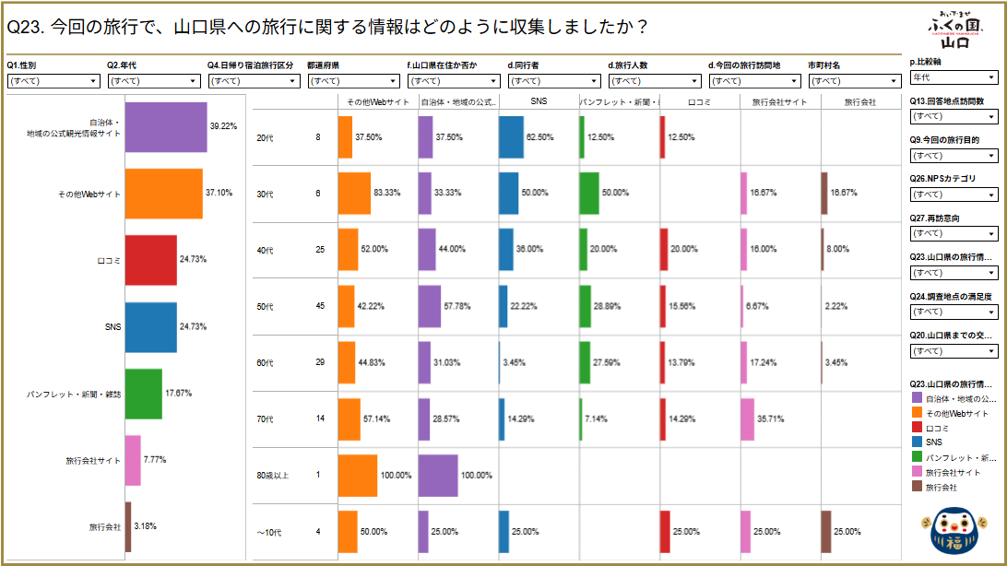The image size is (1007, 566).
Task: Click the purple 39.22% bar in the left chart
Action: (x=165, y=126)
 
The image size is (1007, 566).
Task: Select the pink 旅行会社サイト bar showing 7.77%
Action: (x=132, y=460)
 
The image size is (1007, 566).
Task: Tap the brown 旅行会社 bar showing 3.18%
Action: (x=127, y=526)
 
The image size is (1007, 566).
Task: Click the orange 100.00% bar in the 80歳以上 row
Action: (x=358, y=476)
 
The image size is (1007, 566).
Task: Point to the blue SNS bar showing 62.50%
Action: (x=511, y=137)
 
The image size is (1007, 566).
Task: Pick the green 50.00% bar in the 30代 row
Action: (x=589, y=194)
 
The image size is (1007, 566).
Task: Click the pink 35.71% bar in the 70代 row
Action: (x=747, y=419)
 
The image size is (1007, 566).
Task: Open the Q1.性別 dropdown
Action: (x=53, y=81)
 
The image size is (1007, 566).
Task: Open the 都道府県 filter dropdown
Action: (x=353, y=81)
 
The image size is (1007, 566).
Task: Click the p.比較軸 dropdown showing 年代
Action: (x=954, y=77)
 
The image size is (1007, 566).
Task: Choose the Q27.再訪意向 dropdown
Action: (x=954, y=233)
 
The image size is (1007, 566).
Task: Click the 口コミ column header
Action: (x=699, y=101)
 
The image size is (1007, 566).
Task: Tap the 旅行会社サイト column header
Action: (x=779, y=101)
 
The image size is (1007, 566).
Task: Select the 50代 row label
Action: (x=264, y=307)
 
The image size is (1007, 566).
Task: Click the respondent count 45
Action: (x=320, y=307)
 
